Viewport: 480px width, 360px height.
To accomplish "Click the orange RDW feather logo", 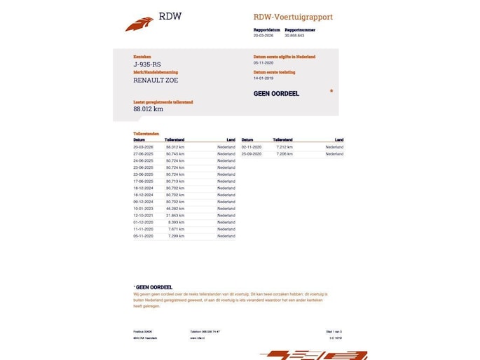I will pos(139,25).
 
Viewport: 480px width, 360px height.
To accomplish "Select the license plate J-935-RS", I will pos(146,64).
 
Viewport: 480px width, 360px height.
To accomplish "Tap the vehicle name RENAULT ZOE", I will pos(156,81).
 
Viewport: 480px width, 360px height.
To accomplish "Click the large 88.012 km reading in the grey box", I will pos(148,109).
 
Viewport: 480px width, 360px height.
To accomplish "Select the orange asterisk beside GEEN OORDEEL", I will pos(331,91).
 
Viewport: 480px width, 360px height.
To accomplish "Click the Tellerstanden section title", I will pos(146,133).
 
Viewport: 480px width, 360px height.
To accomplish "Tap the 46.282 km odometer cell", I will pos(174,208).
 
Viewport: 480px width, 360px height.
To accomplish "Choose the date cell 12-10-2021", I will pos(143,215).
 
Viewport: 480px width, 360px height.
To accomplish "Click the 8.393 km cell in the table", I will pos(176,222).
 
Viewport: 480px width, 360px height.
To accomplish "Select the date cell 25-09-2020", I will pos(251,153).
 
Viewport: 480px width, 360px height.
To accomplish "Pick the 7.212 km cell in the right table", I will pos(284,147).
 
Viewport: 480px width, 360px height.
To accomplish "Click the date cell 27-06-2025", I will pos(143,153).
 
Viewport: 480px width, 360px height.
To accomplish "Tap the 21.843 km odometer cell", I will pos(174,215).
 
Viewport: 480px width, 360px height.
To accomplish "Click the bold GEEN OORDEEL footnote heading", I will pos(153,287).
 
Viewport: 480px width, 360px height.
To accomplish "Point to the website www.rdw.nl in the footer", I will pos(197,338).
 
